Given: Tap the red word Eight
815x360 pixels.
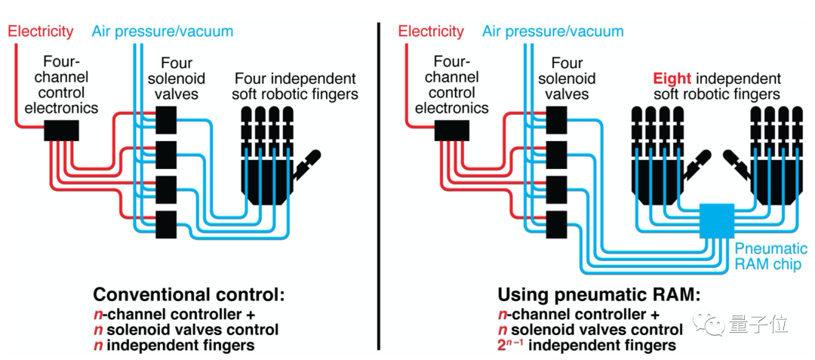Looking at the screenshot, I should (x=672, y=78).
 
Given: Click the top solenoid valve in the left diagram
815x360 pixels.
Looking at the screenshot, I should (x=165, y=118).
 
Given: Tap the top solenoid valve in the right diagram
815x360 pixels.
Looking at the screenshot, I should (x=556, y=118).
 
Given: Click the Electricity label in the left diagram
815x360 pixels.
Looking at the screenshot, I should (x=41, y=32).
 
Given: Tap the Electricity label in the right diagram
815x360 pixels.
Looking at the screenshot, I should (x=432, y=32).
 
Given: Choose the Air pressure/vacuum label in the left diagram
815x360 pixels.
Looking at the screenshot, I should (x=162, y=32).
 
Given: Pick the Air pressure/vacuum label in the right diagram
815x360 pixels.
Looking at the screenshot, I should (x=553, y=32).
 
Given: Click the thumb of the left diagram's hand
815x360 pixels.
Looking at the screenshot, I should (x=309, y=162).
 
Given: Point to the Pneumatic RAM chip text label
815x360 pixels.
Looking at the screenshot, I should (x=770, y=257).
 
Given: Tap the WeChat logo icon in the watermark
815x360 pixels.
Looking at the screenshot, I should (x=712, y=325).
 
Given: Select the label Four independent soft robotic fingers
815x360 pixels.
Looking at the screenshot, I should (x=295, y=86).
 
